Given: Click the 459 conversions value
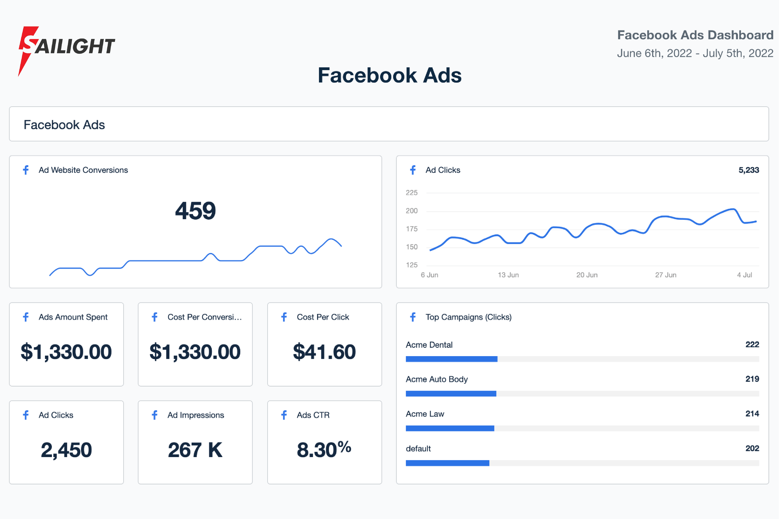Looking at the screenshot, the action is tap(195, 211).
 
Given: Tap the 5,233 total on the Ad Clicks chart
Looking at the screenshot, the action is tap(749, 170).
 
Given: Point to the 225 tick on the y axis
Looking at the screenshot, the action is tap(412, 193).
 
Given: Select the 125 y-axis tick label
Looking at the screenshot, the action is tap(412, 265).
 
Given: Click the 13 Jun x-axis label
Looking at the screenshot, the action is tap(508, 275).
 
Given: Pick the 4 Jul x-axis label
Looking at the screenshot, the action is tap(745, 275).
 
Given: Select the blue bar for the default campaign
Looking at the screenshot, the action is tap(447, 463).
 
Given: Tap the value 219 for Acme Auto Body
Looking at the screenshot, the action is tap(752, 379).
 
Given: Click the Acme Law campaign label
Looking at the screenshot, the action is tap(425, 414).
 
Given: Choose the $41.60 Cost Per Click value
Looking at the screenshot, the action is tap(324, 351).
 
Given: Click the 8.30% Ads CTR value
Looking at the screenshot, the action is tap(324, 450).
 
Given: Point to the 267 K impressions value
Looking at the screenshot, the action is tap(195, 450).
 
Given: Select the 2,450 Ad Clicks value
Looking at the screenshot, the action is tap(66, 450).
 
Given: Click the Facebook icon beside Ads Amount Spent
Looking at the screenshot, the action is tap(26, 317).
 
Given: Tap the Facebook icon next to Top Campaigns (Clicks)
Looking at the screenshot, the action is tap(413, 317).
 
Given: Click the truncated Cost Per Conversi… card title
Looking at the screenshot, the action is tap(204, 317).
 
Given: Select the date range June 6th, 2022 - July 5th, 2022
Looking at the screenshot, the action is tap(695, 53).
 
